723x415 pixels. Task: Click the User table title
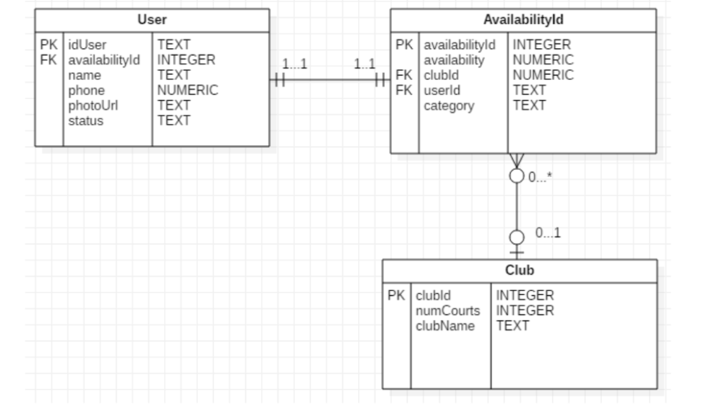pyautogui.click(x=152, y=20)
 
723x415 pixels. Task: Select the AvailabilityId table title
pyautogui.click(x=524, y=20)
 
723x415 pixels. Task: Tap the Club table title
pyautogui.click(x=519, y=271)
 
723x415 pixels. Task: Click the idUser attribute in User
pyautogui.click(x=87, y=45)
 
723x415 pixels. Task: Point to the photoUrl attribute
pyautogui.click(x=93, y=106)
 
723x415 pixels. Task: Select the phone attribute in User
pyautogui.click(x=86, y=91)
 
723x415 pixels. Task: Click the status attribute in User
pyautogui.click(x=86, y=121)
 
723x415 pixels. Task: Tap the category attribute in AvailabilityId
pyautogui.click(x=449, y=106)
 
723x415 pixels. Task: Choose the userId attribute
pyautogui.click(x=442, y=91)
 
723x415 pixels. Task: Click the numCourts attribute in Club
pyautogui.click(x=448, y=311)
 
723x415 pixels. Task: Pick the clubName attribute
pyautogui.click(x=446, y=326)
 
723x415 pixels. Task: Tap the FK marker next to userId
pyautogui.click(x=404, y=91)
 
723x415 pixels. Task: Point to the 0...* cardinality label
pyautogui.click(x=540, y=177)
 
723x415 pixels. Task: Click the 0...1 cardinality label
pyautogui.click(x=548, y=233)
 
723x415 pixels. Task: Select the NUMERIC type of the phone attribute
pyautogui.click(x=187, y=91)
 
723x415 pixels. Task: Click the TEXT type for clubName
pyautogui.click(x=512, y=326)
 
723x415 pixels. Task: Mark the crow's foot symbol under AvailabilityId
pyautogui.click(x=517, y=159)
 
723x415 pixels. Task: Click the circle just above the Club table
pyautogui.click(x=517, y=237)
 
